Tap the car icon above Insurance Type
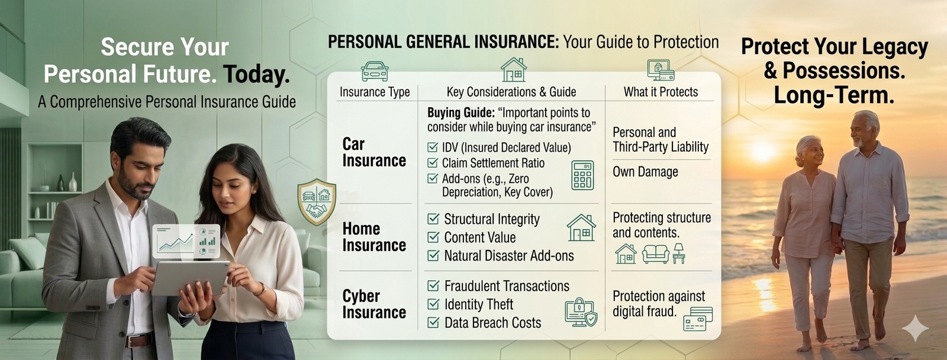click(375, 71)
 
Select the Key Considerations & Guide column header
click(511, 92)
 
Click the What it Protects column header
click(661, 92)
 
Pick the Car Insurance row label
click(373, 152)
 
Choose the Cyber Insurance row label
click(373, 304)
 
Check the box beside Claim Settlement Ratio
click(433, 163)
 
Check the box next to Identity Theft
click(433, 304)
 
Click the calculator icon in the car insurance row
click(582, 175)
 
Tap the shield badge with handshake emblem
click(317, 201)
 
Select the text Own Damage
click(645, 172)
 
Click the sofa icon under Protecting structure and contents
click(656, 254)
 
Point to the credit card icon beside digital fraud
click(698, 319)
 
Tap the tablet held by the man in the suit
click(189, 278)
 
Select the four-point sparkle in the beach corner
click(915, 328)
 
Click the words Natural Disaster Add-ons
click(509, 256)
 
